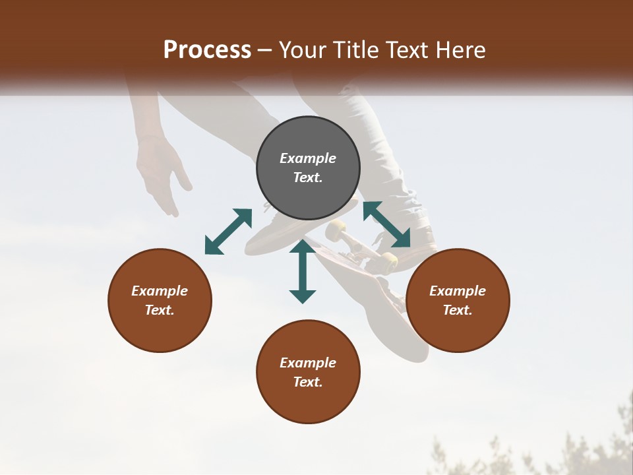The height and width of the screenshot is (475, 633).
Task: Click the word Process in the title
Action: tap(207, 50)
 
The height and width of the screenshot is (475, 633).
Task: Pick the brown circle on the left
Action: tap(160, 300)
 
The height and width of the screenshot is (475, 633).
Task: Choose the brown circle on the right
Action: tap(458, 300)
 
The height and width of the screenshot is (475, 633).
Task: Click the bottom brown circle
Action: tap(308, 371)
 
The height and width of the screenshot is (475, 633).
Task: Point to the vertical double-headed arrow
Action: tap(303, 271)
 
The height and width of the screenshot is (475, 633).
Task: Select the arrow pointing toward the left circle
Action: tap(228, 231)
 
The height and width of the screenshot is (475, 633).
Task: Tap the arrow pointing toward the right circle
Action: tap(386, 224)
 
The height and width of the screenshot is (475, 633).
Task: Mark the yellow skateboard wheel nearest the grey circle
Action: tap(336, 230)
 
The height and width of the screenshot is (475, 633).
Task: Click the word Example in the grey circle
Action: tap(308, 158)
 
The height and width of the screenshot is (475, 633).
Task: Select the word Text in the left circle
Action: tap(160, 310)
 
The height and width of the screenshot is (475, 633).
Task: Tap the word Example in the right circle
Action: tap(458, 291)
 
